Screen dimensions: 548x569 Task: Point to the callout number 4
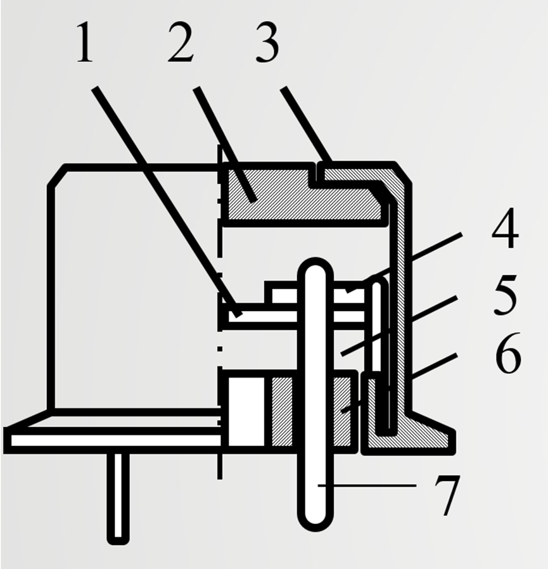point(505,228)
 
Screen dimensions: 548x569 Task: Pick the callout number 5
point(505,294)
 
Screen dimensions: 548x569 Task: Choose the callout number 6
point(508,353)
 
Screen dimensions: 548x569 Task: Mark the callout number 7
point(447,495)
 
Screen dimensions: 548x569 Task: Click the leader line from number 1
point(167,201)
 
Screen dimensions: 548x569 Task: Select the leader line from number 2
point(225,144)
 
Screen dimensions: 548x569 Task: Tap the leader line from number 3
point(306,124)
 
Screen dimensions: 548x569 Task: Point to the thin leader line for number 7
point(367,485)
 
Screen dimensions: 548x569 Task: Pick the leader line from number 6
point(399,383)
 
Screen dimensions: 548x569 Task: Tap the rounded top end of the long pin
point(315,271)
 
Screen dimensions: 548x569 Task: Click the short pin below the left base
point(118,499)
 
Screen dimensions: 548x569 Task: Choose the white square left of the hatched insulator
point(246,411)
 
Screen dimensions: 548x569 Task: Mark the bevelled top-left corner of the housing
point(57,176)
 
